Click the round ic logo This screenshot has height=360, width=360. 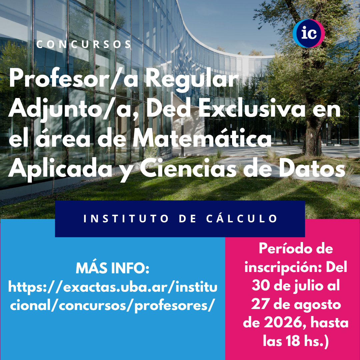[309, 34]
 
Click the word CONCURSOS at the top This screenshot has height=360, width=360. [84, 44]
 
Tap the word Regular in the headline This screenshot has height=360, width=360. [192, 79]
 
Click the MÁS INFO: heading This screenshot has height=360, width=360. [113, 268]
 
